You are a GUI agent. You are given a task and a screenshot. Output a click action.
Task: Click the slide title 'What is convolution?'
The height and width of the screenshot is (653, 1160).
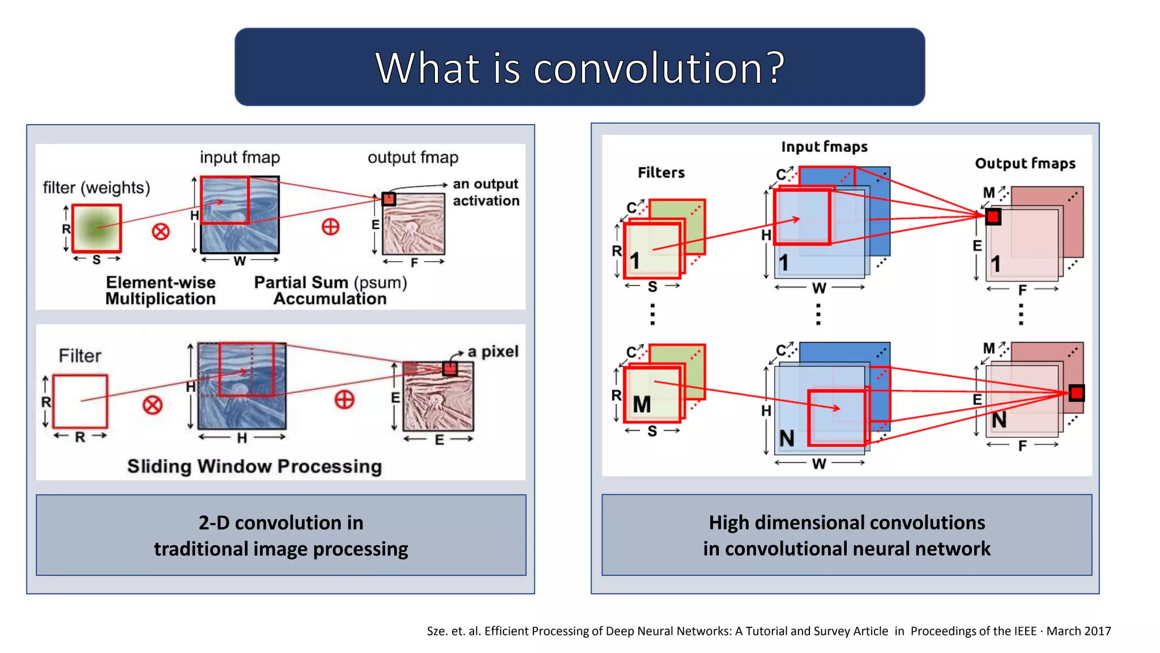click(x=579, y=67)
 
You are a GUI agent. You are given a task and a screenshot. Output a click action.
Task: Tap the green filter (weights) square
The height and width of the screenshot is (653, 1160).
click(x=97, y=228)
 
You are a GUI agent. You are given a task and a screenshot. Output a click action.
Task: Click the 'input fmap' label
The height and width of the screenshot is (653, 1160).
click(x=240, y=157)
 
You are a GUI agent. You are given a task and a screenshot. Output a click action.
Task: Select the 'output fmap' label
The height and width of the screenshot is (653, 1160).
click(x=413, y=157)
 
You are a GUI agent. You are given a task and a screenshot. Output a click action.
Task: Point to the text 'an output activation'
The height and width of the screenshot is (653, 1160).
click(x=485, y=192)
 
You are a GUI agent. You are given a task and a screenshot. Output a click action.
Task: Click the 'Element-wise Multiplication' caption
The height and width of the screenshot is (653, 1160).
click(x=161, y=290)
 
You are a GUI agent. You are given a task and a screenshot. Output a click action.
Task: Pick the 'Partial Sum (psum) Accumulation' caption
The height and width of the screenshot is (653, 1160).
click(x=330, y=290)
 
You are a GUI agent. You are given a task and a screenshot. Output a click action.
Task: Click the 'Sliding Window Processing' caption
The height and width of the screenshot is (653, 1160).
click(x=254, y=466)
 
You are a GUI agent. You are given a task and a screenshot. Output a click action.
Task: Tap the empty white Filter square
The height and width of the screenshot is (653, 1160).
click(x=80, y=401)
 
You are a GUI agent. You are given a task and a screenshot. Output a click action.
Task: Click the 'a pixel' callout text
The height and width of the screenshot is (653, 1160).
click(x=493, y=351)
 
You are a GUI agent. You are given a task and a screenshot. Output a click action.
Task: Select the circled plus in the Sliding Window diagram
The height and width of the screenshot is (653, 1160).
click(x=344, y=400)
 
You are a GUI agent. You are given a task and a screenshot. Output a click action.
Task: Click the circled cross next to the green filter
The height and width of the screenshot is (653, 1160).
click(x=161, y=231)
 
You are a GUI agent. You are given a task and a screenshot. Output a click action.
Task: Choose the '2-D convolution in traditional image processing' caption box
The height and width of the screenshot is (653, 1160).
click(x=281, y=535)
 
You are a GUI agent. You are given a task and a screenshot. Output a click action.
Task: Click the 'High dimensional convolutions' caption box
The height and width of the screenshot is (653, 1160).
click(x=847, y=535)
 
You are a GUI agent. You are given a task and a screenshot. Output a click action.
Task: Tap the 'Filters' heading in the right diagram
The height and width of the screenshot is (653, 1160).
click(x=661, y=172)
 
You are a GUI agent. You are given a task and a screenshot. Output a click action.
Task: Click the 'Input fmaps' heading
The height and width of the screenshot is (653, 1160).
click(x=824, y=147)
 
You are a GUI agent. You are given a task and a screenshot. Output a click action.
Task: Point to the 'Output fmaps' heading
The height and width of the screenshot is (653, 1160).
click(x=1025, y=163)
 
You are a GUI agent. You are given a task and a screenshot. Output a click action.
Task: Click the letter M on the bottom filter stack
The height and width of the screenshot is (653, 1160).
click(x=642, y=405)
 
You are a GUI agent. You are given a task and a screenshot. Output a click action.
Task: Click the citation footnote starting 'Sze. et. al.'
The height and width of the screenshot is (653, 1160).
click(x=769, y=631)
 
